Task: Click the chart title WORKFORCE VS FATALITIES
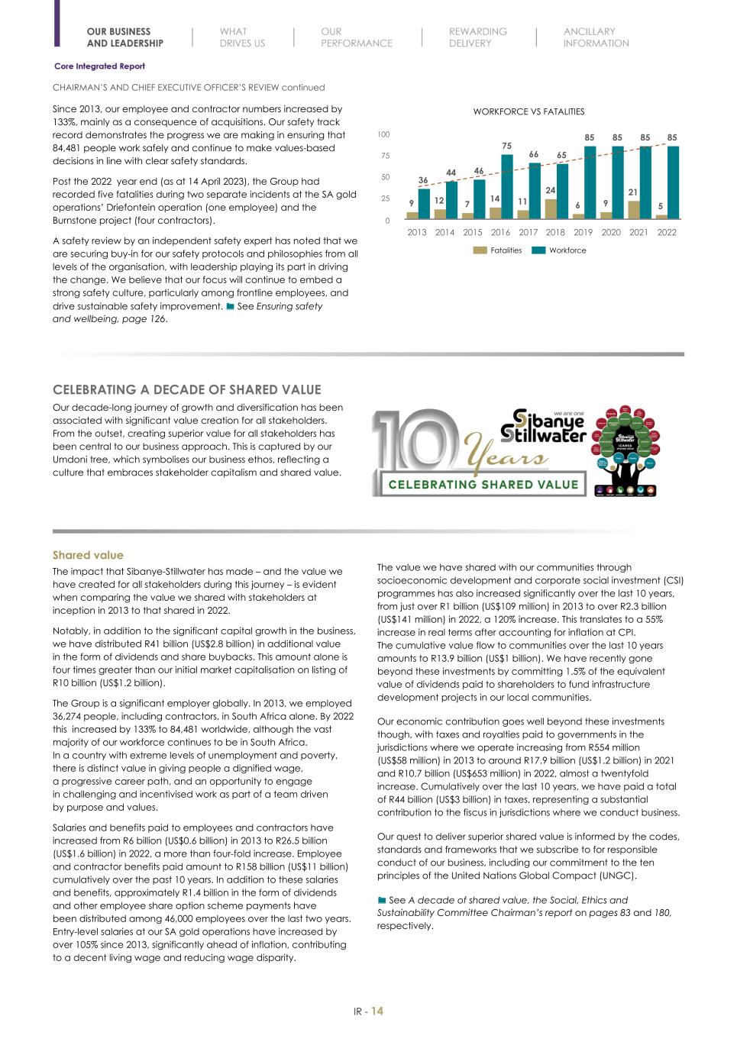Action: pyautogui.click(x=529, y=111)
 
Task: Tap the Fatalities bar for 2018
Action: pyautogui.click(x=550, y=209)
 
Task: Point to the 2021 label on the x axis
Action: pyautogui.click(x=638, y=232)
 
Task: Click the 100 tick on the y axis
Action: pyautogui.click(x=383, y=134)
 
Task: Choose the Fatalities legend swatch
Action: pyautogui.click(x=480, y=250)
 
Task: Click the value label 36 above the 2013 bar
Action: pyautogui.click(x=423, y=180)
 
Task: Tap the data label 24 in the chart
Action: pyautogui.click(x=550, y=190)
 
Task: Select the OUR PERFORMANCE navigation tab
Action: pyautogui.click(x=356, y=37)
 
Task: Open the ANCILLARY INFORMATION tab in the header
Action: pyautogui.click(x=596, y=37)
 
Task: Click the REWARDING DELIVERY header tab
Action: pyautogui.click(x=477, y=37)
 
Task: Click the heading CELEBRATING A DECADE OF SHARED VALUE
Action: pyautogui.click(x=186, y=389)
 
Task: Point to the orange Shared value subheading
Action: pyautogui.click(x=88, y=555)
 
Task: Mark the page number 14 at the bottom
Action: pyautogui.click(x=377, y=1011)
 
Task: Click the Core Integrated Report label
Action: pyautogui.click(x=99, y=66)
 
